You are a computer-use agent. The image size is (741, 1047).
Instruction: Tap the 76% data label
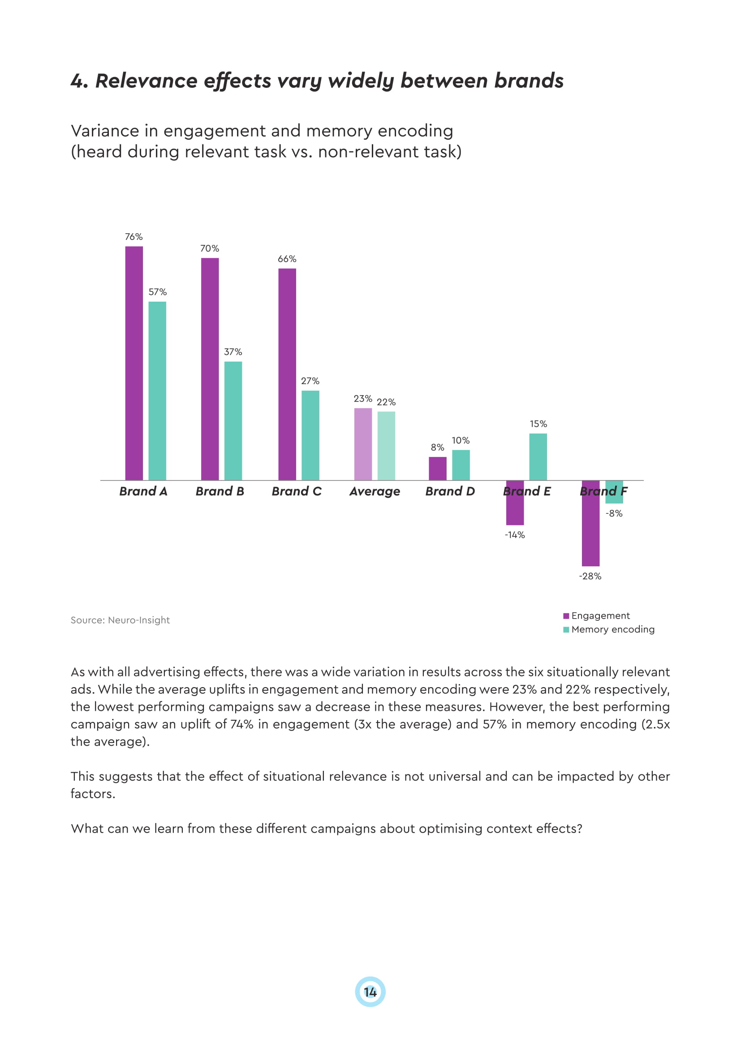134,237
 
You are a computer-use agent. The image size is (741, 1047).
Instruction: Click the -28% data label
590,577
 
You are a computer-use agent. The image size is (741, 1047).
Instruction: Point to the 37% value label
233,352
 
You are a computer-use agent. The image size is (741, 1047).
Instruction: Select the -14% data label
515,535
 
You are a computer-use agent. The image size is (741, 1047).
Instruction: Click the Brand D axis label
450,491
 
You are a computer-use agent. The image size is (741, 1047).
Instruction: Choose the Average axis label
375,491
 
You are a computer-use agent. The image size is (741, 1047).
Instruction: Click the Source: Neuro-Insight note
120,620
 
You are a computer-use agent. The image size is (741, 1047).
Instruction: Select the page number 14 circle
370,992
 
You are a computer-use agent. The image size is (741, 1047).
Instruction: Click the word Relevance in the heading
146,81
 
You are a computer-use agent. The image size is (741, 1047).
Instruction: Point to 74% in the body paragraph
241,724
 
